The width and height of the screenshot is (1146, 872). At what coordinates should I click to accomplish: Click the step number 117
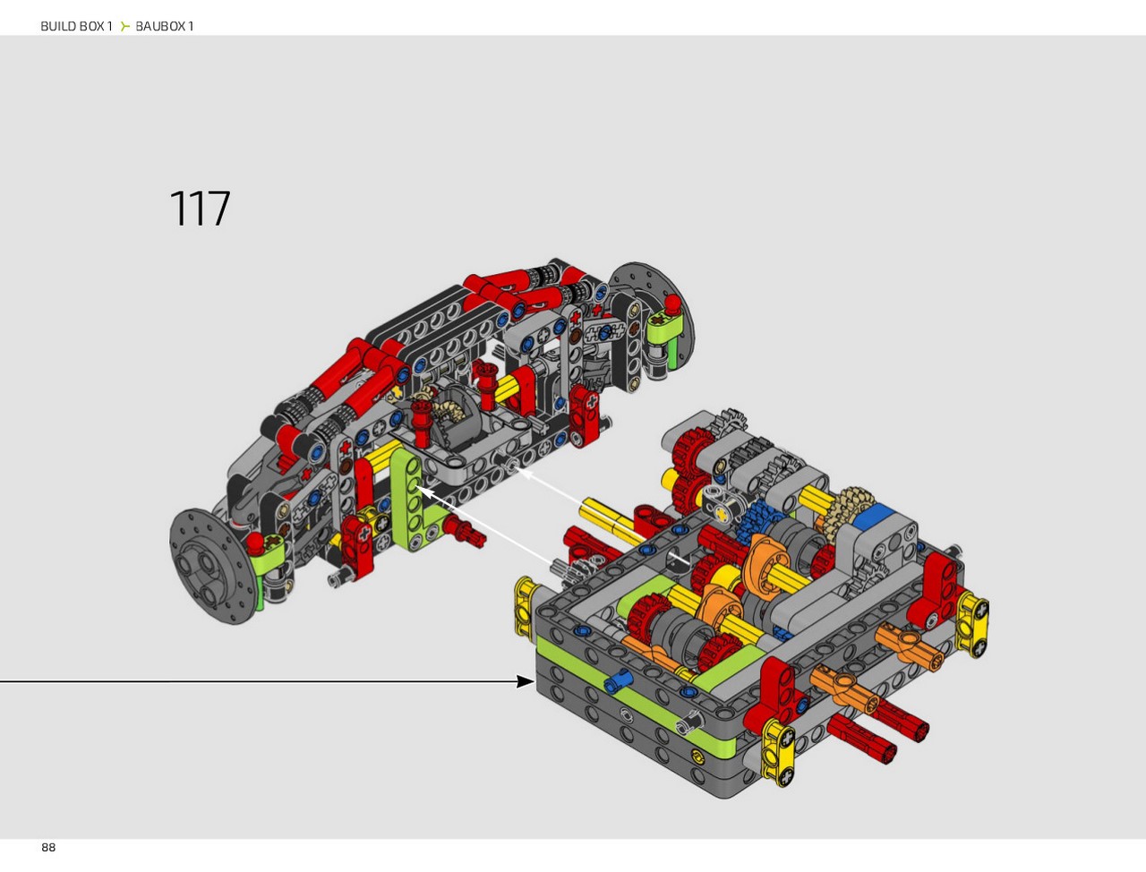click(200, 209)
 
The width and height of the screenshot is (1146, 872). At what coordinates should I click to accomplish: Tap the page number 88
click(48, 847)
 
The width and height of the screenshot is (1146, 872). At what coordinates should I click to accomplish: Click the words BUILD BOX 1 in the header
click(76, 26)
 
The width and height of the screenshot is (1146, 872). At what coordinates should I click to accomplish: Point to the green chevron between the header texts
click(124, 26)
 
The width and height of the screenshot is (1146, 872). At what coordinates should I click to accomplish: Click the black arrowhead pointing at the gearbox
click(526, 681)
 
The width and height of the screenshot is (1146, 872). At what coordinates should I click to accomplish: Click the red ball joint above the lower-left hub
click(255, 543)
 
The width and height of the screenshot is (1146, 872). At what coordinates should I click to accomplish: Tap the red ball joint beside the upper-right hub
click(672, 303)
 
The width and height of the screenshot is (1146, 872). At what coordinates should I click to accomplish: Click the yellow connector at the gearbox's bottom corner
click(777, 751)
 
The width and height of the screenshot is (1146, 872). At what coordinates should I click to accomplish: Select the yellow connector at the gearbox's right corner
click(972, 624)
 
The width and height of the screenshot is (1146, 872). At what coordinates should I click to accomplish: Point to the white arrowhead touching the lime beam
click(425, 492)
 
